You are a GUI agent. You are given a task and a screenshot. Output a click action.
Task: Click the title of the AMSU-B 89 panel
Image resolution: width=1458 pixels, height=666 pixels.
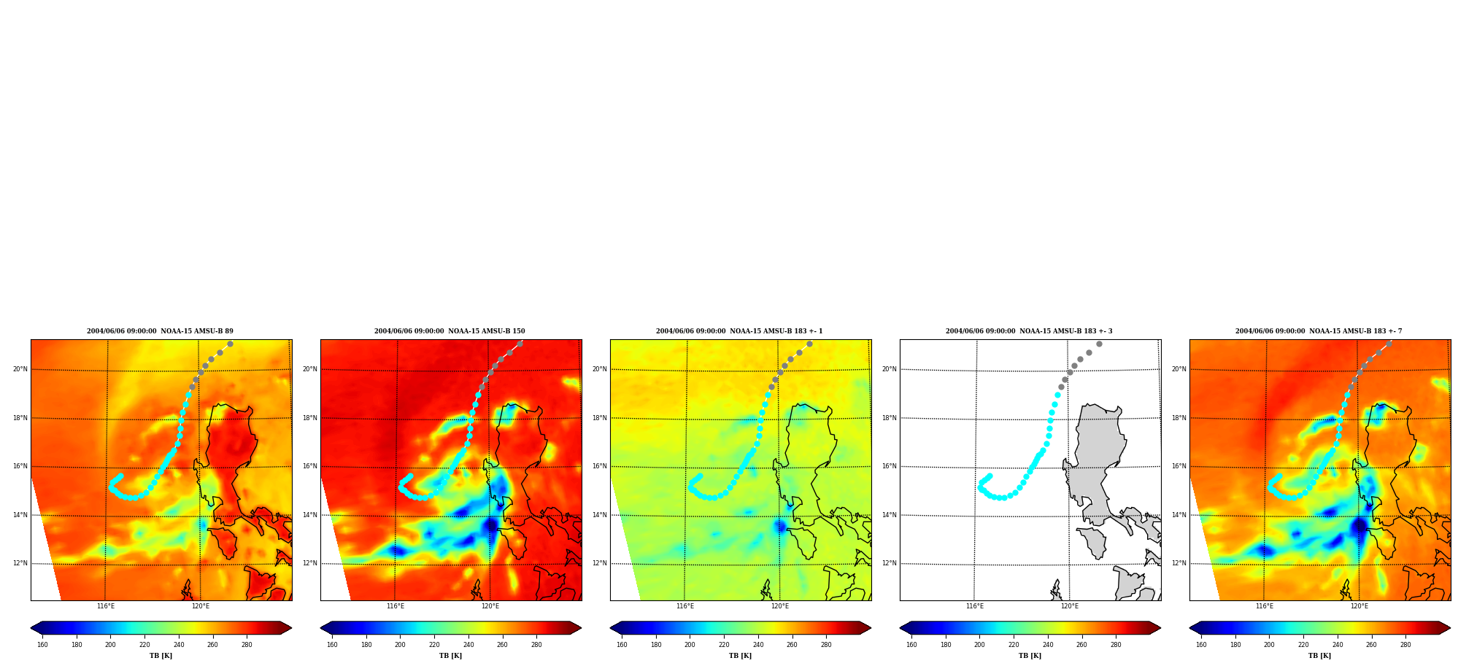point(160,331)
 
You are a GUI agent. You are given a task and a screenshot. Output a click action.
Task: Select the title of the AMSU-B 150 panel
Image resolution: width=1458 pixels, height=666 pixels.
point(450,331)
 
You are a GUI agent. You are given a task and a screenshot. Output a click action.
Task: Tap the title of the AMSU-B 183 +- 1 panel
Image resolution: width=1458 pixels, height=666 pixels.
point(739,331)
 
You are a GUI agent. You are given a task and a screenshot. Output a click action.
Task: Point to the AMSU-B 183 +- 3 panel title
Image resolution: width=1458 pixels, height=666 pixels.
point(1029,331)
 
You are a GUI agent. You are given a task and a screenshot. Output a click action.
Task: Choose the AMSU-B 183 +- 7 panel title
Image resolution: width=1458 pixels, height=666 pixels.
point(1319,331)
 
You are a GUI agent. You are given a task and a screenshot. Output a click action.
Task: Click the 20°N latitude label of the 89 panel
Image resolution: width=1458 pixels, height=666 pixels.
point(20,369)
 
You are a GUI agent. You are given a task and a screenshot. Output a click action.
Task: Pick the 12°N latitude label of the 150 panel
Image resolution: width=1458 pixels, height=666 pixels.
point(309,563)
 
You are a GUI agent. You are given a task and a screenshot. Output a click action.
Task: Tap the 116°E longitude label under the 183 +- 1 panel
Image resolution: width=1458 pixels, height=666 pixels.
point(685,606)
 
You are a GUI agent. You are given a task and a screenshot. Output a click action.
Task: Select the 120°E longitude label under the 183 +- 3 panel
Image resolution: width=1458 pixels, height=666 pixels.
point(1070,606)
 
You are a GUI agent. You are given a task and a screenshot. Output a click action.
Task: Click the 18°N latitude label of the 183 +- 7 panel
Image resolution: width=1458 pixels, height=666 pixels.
point(1179,418)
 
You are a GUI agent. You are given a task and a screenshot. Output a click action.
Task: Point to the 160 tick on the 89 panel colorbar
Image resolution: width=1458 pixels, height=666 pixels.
point(42,645)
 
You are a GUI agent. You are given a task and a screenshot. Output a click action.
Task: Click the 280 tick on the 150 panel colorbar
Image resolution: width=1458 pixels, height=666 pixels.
point(536,645)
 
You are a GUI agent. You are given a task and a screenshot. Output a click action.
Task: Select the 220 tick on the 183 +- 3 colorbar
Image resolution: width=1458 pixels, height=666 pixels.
point(1014,645)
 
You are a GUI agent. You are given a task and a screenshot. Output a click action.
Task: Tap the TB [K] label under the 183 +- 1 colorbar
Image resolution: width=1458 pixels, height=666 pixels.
point(740,656)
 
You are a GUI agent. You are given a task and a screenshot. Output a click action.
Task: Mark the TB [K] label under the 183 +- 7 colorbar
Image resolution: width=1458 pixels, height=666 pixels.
point(1319,656)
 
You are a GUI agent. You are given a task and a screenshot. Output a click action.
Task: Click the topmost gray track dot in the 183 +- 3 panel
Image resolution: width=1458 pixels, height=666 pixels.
point(1099,344)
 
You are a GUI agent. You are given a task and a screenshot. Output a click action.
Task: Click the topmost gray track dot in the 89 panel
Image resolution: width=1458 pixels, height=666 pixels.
point(230,344)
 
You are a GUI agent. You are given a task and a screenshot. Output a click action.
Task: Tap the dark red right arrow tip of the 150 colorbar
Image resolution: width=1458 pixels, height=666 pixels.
point(581,628)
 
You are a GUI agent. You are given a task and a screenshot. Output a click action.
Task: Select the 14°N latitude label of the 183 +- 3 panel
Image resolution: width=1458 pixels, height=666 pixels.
point(889,515)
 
